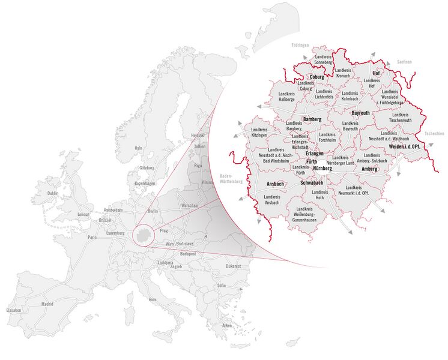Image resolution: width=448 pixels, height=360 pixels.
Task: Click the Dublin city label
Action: click(x=53, y=193)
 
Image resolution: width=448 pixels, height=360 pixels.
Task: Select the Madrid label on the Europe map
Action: click(x=47, y=304)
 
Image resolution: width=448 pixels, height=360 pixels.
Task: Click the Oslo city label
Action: click(x=138, y=148)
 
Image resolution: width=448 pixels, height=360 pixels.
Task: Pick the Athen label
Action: click(x=227, y=325)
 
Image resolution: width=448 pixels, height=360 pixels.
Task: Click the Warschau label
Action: click(x=190, y=206)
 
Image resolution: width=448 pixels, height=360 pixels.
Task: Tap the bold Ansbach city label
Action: click(x=266, y=184)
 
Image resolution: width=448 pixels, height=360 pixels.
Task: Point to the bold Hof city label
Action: click(x=377, y=73)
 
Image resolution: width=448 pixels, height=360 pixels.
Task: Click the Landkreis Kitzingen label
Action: click(x=259, y=133)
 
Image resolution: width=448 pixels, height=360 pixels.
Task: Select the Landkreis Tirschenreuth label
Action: click(x=399, y=117)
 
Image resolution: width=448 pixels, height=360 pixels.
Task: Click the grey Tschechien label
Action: click(x=434, y=134)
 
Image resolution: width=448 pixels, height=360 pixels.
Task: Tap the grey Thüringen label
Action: click(x=300, y=44)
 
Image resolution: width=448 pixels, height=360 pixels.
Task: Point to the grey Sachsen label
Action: click(x=404, y=62)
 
